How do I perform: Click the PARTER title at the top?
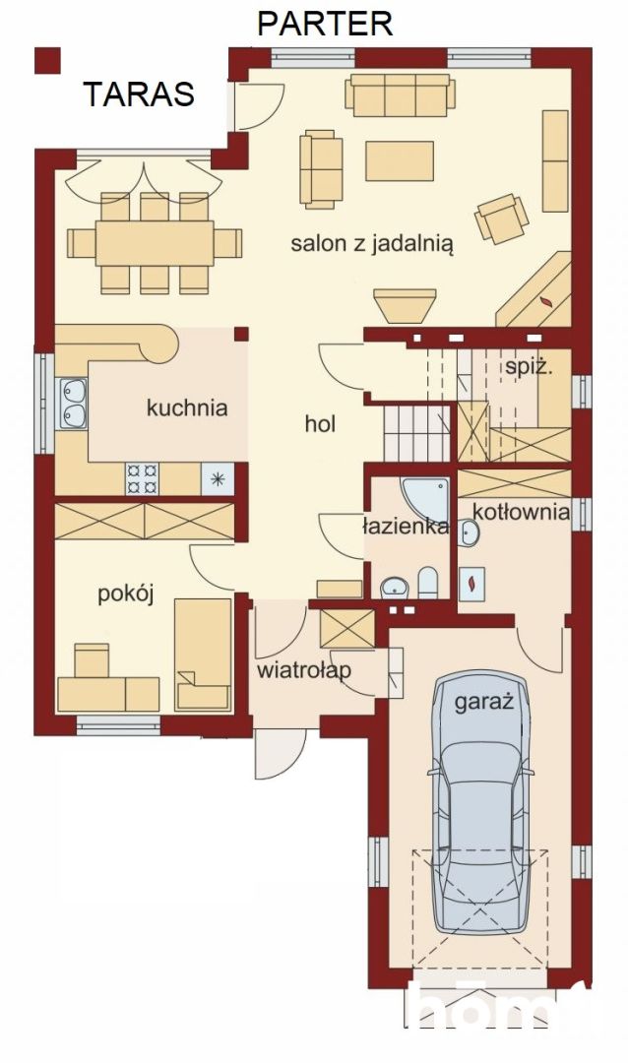(325, 23)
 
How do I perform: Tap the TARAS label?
(139, 94)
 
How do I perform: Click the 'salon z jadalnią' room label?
(371, 244)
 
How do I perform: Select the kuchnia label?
(187, 406)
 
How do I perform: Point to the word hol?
(320, 424)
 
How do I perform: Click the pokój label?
(126, 594)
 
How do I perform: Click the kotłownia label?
(521, 512)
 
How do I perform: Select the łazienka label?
(407, 527)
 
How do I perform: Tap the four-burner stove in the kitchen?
(142, 478)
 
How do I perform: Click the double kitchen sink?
(72, 404)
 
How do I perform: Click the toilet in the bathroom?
(428, 583)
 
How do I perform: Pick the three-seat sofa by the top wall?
(400, 94)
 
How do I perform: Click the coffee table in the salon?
(399, 160)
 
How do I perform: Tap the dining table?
(155, 241)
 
